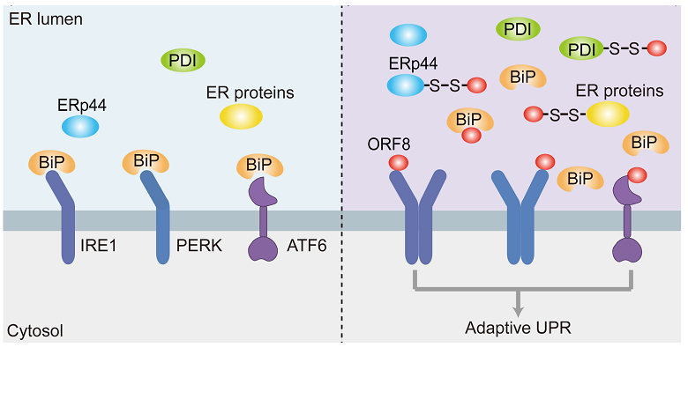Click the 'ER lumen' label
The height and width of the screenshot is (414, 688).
tap(45, 18)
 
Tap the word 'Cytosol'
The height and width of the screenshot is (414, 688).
tap(34, 330)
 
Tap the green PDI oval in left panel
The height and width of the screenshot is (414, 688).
tap(183, 60)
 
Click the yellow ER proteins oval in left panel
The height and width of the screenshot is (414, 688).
tap(241, 115)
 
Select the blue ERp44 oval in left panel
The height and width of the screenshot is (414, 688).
tap(80, 127)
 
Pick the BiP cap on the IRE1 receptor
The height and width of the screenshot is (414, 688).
tap(52, 163)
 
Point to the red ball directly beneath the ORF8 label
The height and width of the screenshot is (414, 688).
tap(398, 163)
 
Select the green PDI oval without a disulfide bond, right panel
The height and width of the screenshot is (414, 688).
tap(519, 29)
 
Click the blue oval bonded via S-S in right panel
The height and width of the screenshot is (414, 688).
tap(406, 85)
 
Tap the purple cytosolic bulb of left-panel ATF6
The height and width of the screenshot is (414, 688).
tap(263, 248)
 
